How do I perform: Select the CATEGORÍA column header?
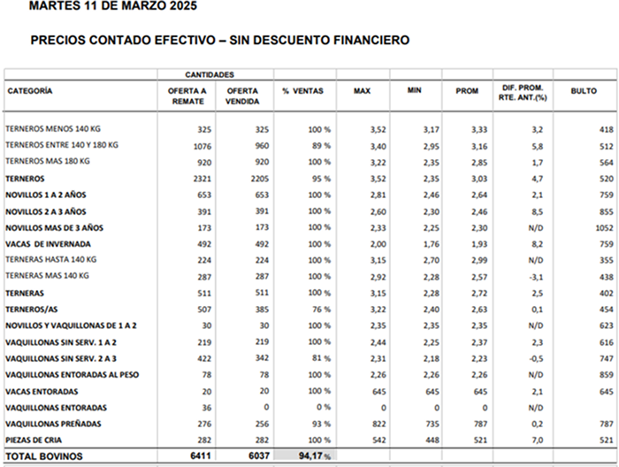point(30,91)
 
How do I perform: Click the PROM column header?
point(467,91)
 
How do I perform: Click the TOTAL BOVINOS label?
point(43,456)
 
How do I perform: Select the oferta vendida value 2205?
point(256,179)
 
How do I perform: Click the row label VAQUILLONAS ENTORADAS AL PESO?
point(73,374)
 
